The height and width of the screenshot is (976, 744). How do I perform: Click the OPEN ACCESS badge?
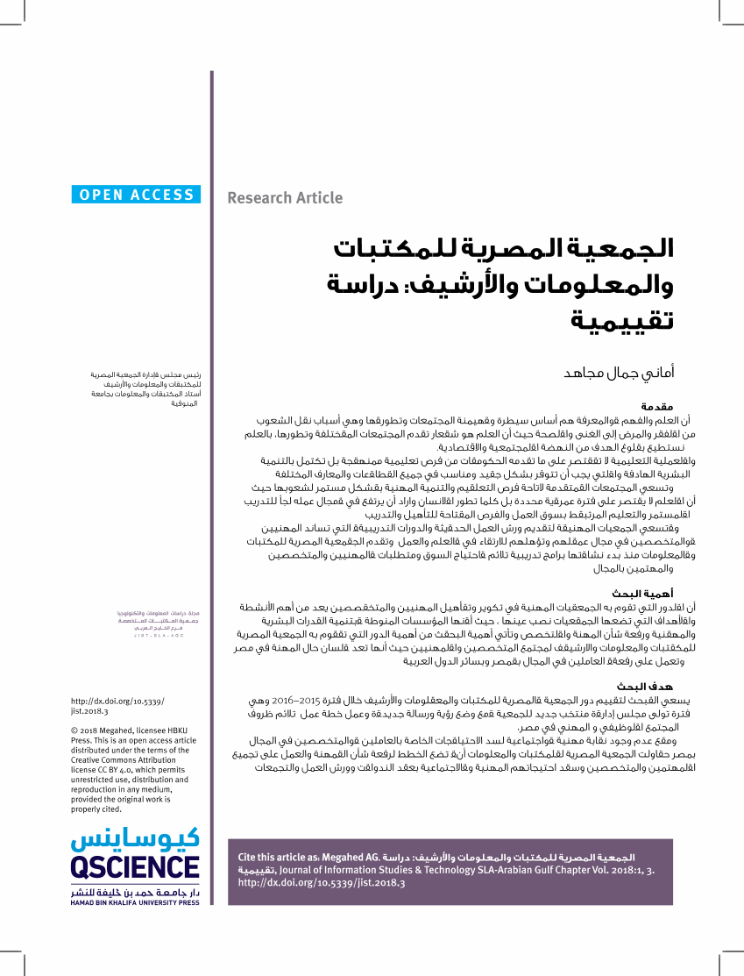pos(136,196)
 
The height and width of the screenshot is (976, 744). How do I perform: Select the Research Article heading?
pos(285,198)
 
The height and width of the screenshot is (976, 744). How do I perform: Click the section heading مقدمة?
pos(656,408)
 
